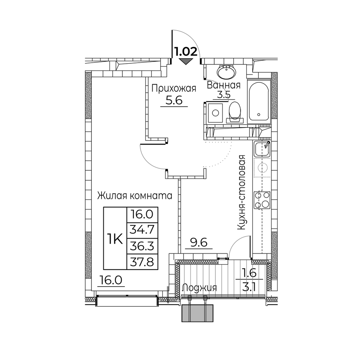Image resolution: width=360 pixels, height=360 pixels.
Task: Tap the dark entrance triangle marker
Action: [186, 62]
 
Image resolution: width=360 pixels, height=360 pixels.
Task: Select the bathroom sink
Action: [226, 72]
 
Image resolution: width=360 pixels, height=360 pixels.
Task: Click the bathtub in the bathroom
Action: [259, 102]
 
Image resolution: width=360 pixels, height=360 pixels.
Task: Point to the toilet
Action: [235, 112]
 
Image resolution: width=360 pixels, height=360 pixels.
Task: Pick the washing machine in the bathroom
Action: [215, 113]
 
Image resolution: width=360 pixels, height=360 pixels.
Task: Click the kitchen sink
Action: [262, 149]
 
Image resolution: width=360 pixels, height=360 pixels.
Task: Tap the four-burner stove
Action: [262, 200]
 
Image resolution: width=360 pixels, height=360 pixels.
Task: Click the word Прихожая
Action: [174, 89]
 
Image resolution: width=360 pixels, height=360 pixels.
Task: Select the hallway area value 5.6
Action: [174, 100]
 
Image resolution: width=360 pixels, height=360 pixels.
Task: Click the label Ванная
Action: [224, 85]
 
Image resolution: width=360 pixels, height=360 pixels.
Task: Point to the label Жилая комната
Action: [135, 196]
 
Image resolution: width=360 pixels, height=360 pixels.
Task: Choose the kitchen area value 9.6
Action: [199, 243]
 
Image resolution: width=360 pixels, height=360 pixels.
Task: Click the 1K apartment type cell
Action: [115, 239]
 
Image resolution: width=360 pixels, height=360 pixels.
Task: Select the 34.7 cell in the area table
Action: [142, 230]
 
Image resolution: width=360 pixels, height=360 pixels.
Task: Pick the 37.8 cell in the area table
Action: [142, 262]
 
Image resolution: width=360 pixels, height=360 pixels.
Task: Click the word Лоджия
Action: [199, 288]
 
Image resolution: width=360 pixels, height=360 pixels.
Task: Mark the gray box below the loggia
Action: [198, 314]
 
